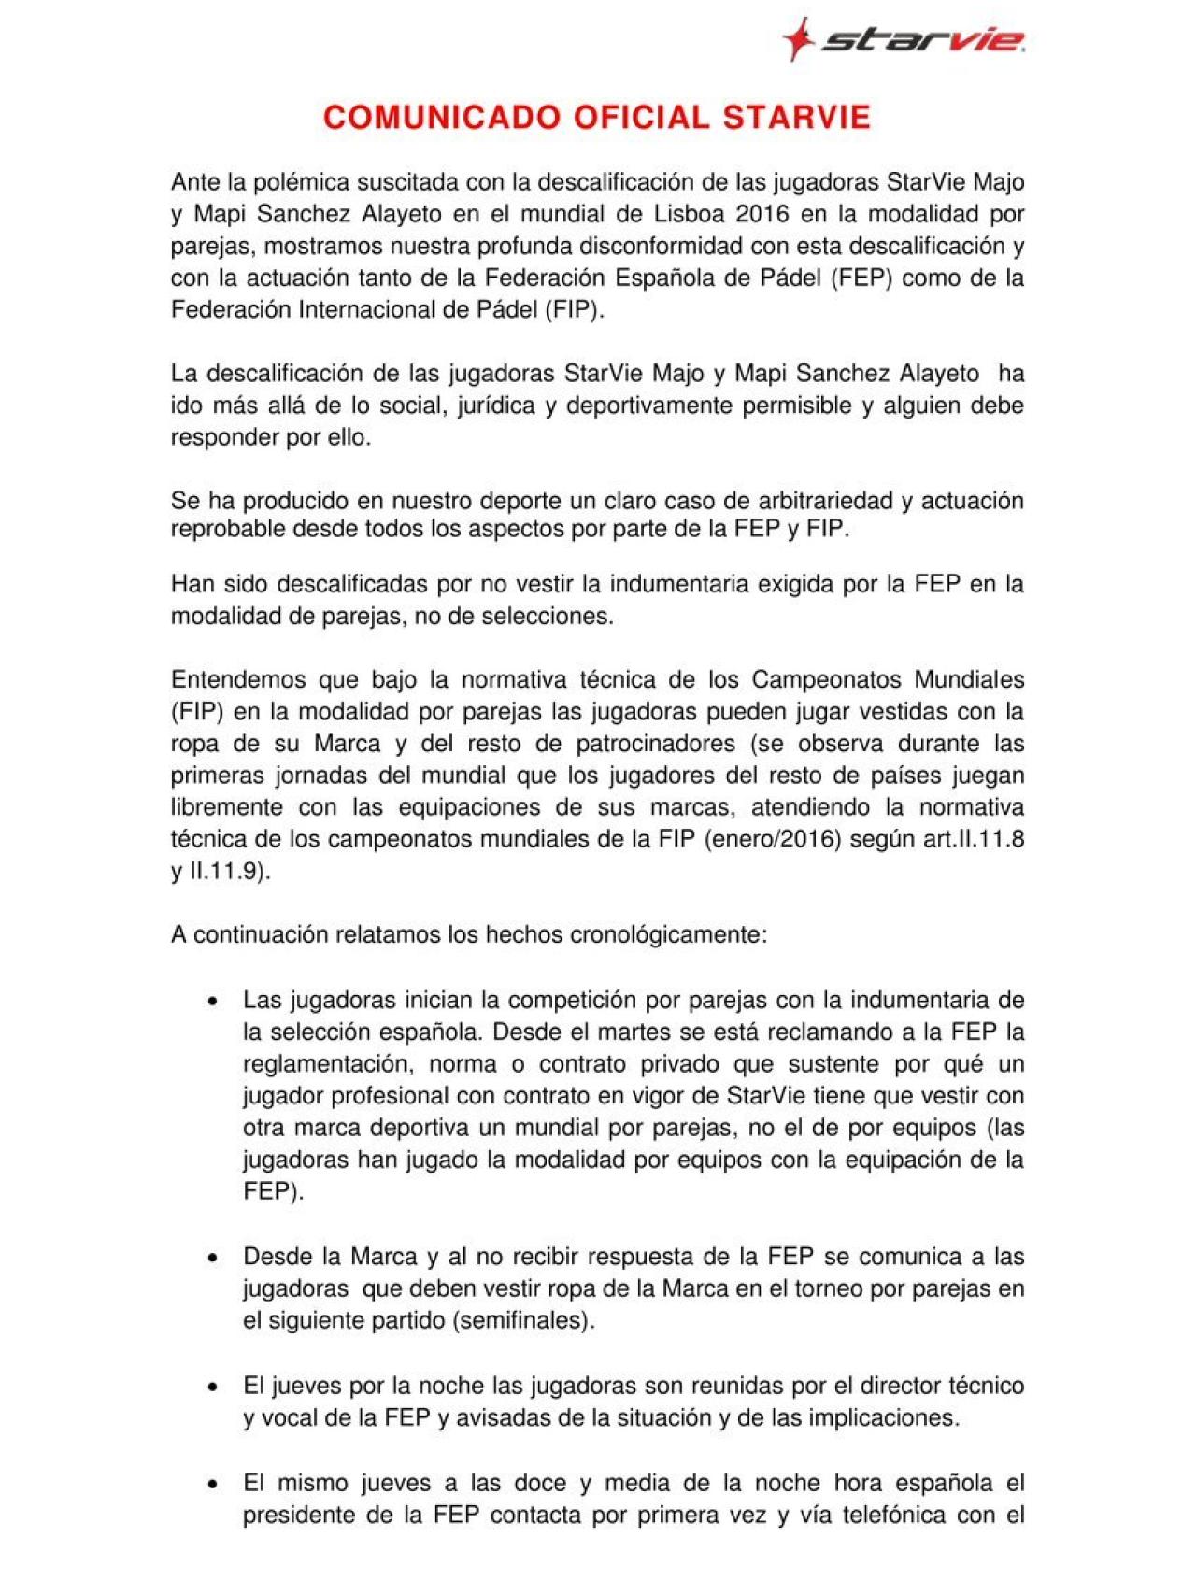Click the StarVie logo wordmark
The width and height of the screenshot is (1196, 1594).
pos(920,40)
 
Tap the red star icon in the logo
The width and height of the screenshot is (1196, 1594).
pos(796,38)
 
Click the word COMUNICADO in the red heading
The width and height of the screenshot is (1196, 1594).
pos(442,118)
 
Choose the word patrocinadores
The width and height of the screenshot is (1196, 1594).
pos(656,744)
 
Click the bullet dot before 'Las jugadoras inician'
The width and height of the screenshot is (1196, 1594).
pos(214,1002)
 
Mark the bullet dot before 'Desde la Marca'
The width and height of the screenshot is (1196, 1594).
pos(214,1258)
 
